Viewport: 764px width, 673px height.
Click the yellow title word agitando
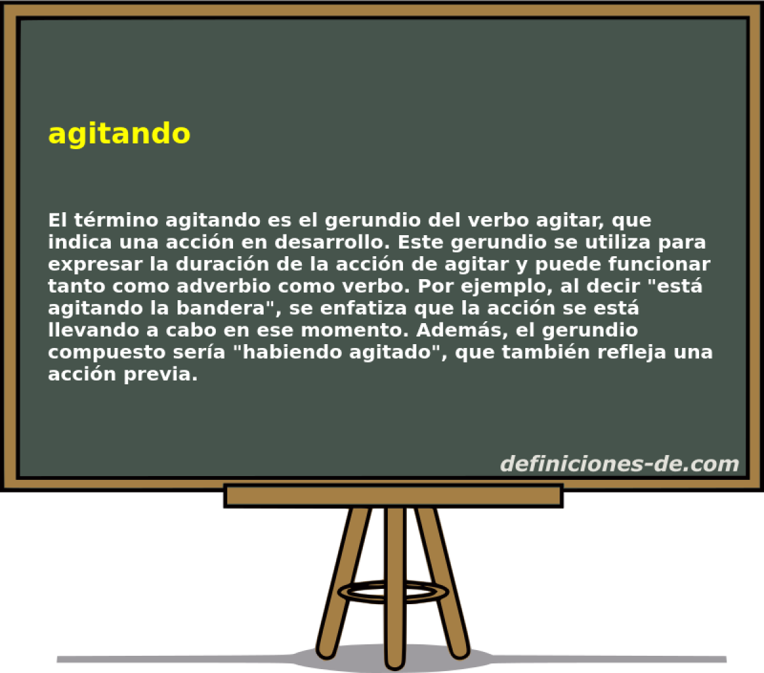coord(119,134)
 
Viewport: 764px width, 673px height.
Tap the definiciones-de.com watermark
coord(619,464)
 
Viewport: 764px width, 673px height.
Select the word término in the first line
coord(114,221)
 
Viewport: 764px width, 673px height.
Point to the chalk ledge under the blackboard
coord(393,495)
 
